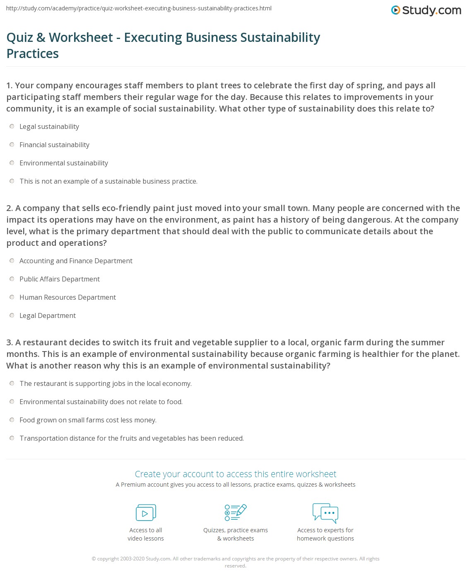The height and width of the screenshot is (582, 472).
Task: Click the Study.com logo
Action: coord(426,10)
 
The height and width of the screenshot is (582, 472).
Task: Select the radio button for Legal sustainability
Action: coord(12,126)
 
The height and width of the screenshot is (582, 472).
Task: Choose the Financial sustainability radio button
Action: coord(12,145)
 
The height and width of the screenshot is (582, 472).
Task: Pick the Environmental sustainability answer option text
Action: coord(64,163)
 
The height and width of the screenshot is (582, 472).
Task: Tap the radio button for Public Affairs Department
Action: coord(12,279)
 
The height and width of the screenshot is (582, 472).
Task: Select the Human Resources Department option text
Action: coord(67,297)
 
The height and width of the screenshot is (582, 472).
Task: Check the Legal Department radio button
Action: coord(12,315)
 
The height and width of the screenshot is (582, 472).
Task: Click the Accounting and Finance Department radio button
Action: coord(12,261)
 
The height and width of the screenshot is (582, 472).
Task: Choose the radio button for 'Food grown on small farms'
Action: coord(12,420)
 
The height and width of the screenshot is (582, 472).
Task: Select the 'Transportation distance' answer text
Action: coord(132,438)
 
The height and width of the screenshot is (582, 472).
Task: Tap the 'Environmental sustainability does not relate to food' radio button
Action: coord(12,402)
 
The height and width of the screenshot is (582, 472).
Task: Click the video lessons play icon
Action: coord(146,513)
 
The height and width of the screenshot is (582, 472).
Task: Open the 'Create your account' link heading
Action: coord(236,474)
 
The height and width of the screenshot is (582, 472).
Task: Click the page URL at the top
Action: coord(139,8)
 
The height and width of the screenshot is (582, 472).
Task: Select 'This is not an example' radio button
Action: coord(12,181)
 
